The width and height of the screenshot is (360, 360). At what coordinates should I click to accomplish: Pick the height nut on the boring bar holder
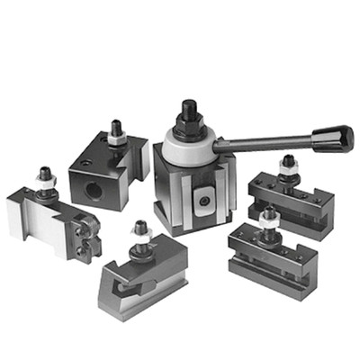(x=116, y=138)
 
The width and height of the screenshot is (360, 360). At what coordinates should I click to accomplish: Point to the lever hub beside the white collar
(x=220, y=144)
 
